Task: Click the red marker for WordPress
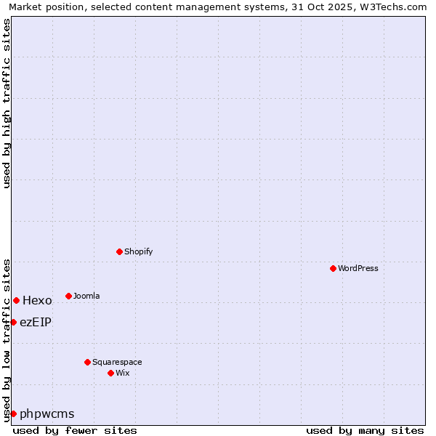click(x=334, y=268)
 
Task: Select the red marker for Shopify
click(x=120, y=251)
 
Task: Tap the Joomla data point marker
click(x=69, y=296)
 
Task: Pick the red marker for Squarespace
click(x=88, y=362)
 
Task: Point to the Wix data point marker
click(x=111, y=373)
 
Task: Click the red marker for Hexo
click(x=17, y=300)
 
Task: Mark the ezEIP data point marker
click(x=13, y=322)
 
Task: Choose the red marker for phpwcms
click(x=13, y=413)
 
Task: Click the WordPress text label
click(x=358, y=268)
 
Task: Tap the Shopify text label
click(x=139, y=251)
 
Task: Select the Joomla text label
click(x=86, y=296)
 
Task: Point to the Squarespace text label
click(x=117, y=362)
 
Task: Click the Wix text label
click(x=123, y=373)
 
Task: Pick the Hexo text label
click(x=37, y=300)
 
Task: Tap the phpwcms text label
click(x=47, y=414)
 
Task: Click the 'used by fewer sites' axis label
click(x=75, y=430)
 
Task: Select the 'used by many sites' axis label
click(x=365, y=430)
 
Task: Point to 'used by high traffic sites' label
click(x=7, y=103)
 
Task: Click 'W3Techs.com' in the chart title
click(x=397, y=7)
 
